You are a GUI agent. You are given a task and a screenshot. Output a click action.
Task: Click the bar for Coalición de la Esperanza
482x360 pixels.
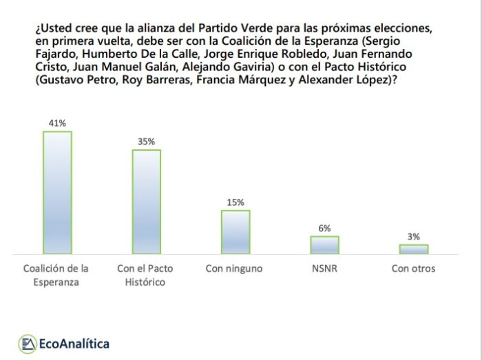57,193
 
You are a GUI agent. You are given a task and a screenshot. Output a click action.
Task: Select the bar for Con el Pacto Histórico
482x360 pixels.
146,202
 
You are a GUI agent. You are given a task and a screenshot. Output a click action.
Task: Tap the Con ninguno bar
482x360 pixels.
235,232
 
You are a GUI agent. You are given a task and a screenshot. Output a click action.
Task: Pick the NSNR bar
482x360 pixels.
324,245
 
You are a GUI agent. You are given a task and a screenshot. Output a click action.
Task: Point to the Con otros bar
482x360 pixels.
413,249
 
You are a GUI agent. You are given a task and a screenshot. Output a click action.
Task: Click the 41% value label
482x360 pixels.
57,123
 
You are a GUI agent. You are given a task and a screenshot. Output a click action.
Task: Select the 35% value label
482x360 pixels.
146,142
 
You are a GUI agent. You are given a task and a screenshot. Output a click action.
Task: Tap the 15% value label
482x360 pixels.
235,202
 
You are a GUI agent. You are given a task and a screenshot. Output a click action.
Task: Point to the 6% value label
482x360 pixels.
324,229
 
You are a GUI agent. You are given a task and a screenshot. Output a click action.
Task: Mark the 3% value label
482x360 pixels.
413,237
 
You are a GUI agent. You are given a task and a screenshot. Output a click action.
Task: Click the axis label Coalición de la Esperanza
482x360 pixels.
56,275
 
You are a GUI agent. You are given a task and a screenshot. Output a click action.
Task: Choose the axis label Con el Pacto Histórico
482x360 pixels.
146,275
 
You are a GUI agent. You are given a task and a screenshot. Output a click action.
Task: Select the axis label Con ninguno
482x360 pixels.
234,268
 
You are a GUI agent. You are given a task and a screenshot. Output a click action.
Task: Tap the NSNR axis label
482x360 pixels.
324,268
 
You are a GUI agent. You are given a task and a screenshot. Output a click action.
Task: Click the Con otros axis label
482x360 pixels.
413,268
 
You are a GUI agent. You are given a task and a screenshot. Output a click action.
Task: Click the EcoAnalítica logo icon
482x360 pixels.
28,343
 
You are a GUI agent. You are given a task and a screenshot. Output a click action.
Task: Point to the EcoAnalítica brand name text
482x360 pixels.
74,343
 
